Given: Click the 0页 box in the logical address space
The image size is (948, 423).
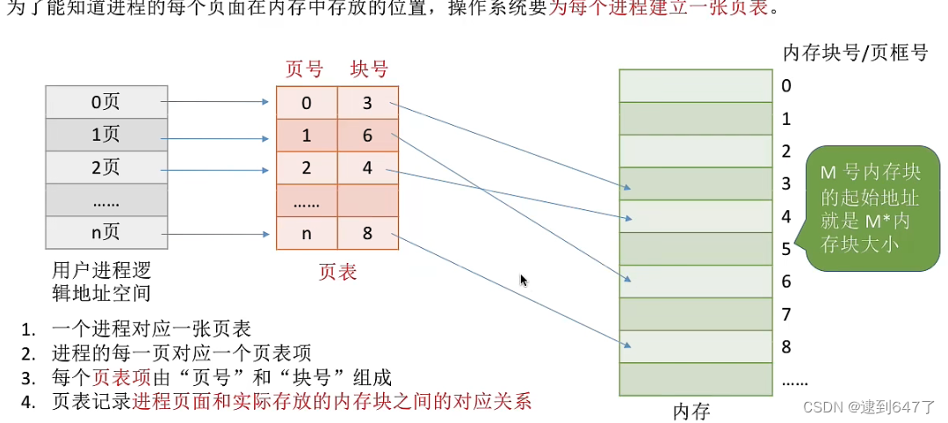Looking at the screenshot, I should pyautogui.click(x=105, y=102).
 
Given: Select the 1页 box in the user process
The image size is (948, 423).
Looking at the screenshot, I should pyautogui.click(x=105, y=135).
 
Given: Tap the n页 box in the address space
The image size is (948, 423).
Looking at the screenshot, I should pyautogui.click(x=105, y=234).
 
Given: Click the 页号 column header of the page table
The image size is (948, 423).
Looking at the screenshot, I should pyautogui.click(x=305, y=69).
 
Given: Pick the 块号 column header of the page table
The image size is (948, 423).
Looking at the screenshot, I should pyautogui.click(x=368, y=69).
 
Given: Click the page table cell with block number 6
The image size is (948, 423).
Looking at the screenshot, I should pyautogui.click(x=367, y=136).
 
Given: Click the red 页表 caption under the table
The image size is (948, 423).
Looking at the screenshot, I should pyautogui.click(x=337, y=273).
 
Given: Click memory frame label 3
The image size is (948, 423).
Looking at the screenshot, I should pyautogui.click(x=786, y=184).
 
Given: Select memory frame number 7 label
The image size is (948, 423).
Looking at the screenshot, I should pyautogui.click(x=786, y=314).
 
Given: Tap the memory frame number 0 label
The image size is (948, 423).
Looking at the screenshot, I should pyautogui.click(x=786, y=86).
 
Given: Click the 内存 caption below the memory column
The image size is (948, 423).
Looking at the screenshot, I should pyautogui.click(x=691, y=410).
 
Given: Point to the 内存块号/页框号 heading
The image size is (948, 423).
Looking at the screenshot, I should pyautogui.click(x=855, y=53).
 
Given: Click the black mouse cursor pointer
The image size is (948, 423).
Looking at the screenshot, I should pyautogui.click(x=524, y=281).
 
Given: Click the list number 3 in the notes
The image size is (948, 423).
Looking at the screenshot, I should pyautogui.click(x=29, y=378).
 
